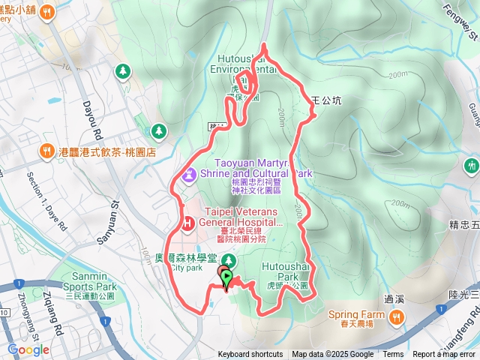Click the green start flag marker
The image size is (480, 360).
226,279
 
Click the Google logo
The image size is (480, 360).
28,349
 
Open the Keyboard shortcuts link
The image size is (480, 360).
250,355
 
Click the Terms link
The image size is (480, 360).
393,355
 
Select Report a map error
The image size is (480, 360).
445,355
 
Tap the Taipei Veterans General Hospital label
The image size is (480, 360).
240,217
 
